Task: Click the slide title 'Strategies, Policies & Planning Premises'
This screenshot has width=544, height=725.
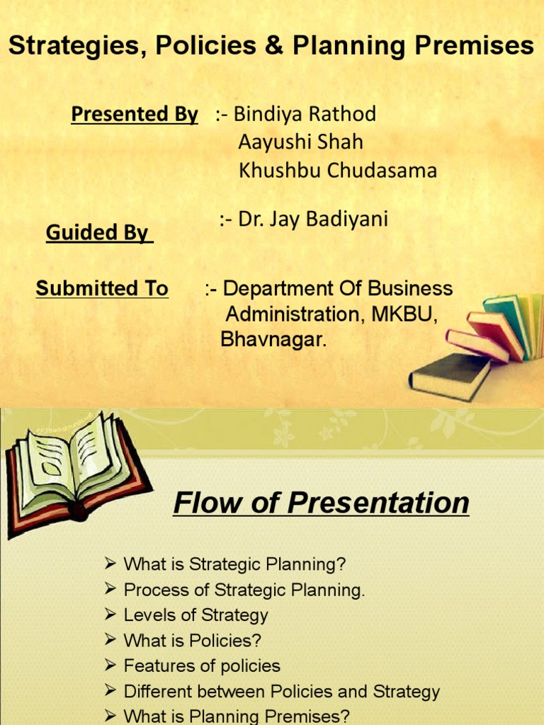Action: coord(271,47)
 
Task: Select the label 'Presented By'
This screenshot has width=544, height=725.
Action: coord(135,114)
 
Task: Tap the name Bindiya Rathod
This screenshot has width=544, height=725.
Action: coord(305,113)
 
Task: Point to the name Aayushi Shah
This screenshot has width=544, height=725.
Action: coord(301,142)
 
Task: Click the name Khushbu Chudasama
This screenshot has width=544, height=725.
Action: coord(338,171)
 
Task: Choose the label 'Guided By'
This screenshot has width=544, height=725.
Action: coord(99,233)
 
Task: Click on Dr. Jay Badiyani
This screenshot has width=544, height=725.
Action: coord(313,219)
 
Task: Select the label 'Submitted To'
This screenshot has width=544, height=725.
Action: coord(102,289)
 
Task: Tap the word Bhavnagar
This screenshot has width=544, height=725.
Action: coord(274,340)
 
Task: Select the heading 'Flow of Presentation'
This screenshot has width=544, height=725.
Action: coord(321,503)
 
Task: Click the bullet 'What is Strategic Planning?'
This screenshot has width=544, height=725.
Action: coord(234,565)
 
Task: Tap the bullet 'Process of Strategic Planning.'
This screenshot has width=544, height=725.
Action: coord(244,590)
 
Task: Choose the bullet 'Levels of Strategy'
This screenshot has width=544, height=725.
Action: coord(195,615)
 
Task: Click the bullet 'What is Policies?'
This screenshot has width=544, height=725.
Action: coord(192,641)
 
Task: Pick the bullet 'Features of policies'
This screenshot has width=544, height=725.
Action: coord(202,666)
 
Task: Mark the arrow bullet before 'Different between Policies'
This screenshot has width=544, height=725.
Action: coord(110,691)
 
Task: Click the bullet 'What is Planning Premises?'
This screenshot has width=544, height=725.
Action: coord(237,717)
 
